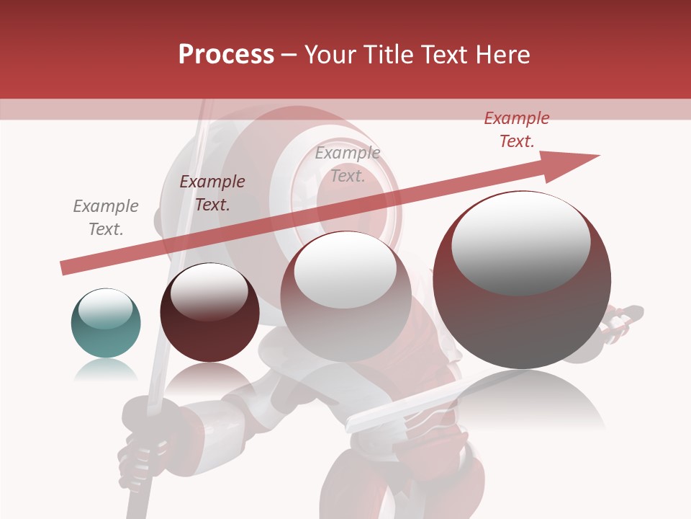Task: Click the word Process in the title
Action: [x=226, y=54]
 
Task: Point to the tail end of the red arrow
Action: [x=65, y=268]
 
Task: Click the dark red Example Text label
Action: [x=212, y=192]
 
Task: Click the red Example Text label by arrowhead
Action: [x=517, y=130]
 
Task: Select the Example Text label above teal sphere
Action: [x=106, y=217]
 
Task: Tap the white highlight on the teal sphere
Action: [x=105, y=309]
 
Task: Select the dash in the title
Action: [x=289, y=55]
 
